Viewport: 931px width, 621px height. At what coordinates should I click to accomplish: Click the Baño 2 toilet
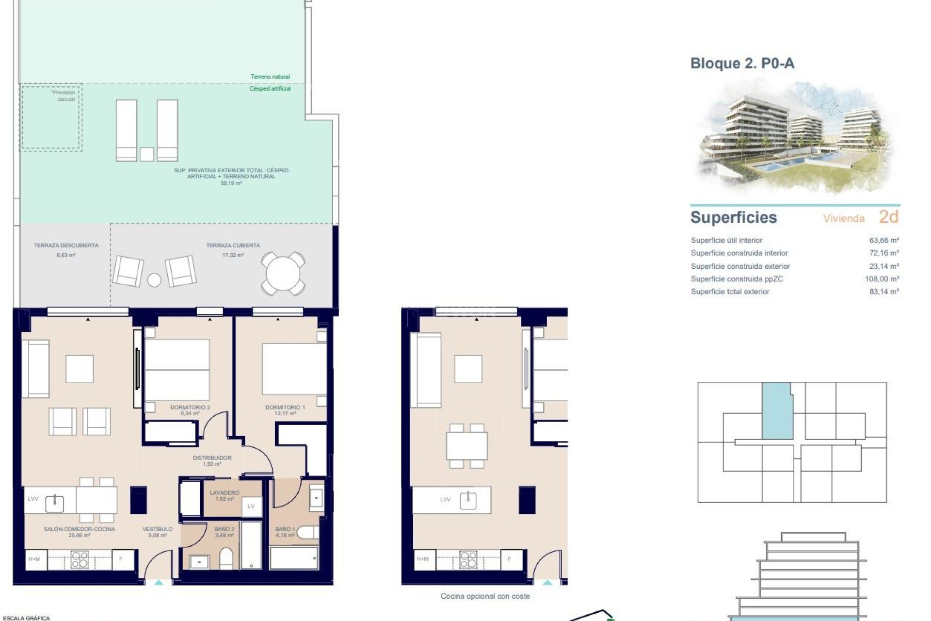[x=226, y=558]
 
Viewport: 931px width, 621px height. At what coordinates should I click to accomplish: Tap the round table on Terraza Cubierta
[x=283, y=274]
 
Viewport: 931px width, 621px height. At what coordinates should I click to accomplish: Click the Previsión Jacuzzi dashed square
[x=51, y=116]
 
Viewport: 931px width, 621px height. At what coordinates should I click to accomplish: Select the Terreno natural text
[x=270, y=77]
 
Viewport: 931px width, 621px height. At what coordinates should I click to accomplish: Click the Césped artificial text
[x=270, y=89]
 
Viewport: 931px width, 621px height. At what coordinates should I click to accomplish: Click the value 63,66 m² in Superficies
[x=884, y=240]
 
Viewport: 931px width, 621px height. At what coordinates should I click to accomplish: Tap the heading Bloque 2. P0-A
[x=742, y=64]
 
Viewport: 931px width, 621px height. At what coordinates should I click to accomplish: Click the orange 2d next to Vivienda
[x=888, y=217]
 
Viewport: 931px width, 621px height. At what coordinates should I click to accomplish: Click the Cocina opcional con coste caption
[x=485, y=596]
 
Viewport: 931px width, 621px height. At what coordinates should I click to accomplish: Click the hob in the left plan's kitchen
[x=80, y=559]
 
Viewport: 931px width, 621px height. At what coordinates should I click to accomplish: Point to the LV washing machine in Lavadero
[x=251, y=506]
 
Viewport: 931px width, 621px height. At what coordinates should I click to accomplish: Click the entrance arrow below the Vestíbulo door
[x=159, y=582]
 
